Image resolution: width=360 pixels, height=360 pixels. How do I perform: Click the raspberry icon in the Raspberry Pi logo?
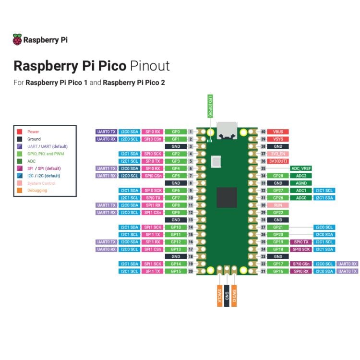pyautogui.click(x=17, y=40)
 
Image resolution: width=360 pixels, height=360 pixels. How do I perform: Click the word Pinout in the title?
pyautogui.click(x=149, y=65)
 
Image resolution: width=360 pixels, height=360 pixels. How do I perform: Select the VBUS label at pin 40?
pyautogui.click(x=278, y=132)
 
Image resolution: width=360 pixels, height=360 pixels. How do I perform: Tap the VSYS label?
pyautogui.click(x=278, y=139)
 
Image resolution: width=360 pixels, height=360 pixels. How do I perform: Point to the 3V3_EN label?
pyautogui.click(x=278, y=154)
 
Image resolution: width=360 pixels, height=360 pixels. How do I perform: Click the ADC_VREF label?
pyautogui.click(x=301, y=168)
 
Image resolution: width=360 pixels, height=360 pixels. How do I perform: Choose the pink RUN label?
pyautogui.click(x=278, y=205)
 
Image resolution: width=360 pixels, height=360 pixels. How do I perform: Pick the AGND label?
pyautogui.click(x=301, y=183)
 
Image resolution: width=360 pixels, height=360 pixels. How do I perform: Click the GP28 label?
pyautogui.click(x=278, y=176)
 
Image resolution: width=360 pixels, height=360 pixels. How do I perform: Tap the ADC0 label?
pyautogui.click(x=301, y=198)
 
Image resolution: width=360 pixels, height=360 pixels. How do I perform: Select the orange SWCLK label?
pyautogui.click(x=219, y=293)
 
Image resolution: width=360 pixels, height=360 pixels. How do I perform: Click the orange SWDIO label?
pyautogui.click(x=234, y=293)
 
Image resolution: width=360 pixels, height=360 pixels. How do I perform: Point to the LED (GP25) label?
pyautogui.click(x=210, y=106)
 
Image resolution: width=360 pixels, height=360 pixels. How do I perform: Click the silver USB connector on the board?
pyautogui.click(x=226, y=130)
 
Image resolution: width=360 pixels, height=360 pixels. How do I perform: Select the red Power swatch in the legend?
pyautogui.click(x=19, y=132)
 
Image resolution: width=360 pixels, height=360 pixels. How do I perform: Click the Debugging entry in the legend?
pyautogui.click(x=36, y=191)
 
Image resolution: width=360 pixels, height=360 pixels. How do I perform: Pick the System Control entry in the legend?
pyautogui.click(x=40, y=183)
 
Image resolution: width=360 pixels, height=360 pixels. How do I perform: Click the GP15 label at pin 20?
pyautogui.click(x=176, y=271)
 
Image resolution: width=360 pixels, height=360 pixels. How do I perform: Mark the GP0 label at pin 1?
pyautogui.click(x=176, y=132)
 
